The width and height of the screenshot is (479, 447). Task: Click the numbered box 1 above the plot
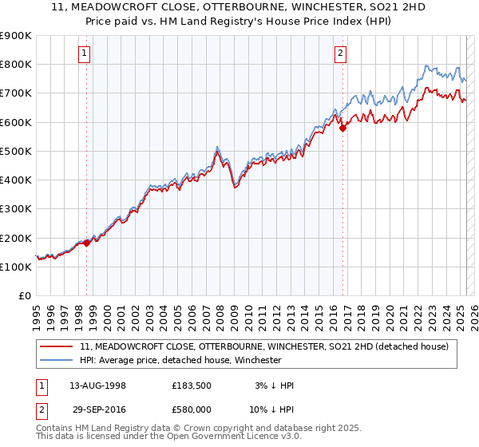[x=85, y=53]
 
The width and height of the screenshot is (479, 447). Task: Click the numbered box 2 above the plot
[x=340, y=53]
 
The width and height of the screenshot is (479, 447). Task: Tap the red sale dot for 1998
[x=86, y=243]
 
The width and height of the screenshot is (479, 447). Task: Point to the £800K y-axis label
[x=16, y=64]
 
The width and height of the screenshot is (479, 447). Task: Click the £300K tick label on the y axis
[x=16, y=208]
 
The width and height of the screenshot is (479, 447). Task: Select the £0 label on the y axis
[x=25, y=295]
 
